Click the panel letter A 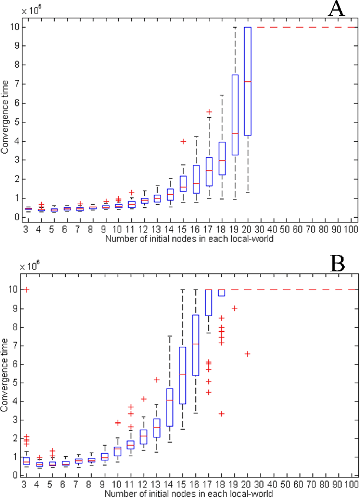(336, 10)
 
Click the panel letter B (337, 264)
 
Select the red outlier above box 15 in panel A (183, 141)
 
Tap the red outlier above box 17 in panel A (209, 111)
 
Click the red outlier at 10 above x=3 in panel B (26, 290)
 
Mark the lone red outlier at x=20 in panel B (248, 354)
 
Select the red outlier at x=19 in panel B (235, 308)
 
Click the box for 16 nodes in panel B (196, 345)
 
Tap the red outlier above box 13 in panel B (157, 380)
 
